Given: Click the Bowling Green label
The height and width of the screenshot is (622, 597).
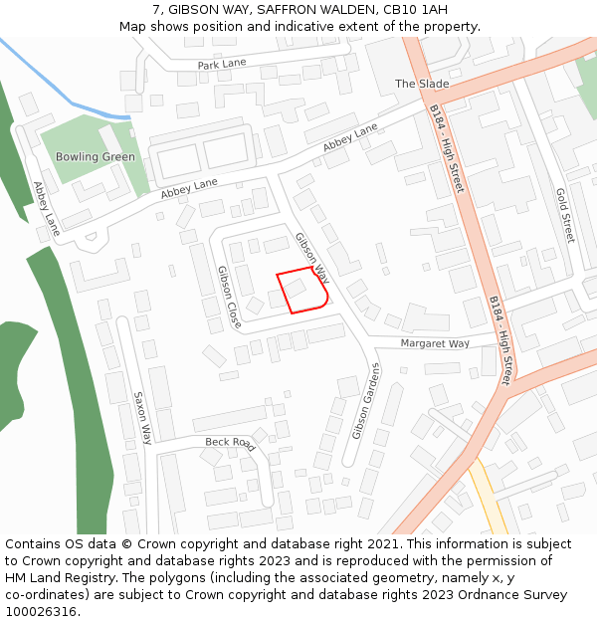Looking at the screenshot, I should click(95, 157).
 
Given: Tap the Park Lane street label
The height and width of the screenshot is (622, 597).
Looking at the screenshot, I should click(221, 64).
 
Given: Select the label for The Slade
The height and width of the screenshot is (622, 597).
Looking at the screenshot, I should click(422, 84).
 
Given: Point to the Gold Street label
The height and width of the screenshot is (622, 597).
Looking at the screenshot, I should click(564, 215).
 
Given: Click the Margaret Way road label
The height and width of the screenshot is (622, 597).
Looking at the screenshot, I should click(435, 343).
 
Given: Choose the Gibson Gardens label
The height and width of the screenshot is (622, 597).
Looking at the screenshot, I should click(365, 401).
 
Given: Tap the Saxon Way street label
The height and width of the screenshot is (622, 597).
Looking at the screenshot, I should click(142, 417).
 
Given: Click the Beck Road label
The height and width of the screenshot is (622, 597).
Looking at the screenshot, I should click(230, 443).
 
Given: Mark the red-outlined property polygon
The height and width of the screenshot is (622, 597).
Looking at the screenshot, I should click(301, 291).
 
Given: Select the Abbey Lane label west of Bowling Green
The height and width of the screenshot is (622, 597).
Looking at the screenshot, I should click(46, 208).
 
